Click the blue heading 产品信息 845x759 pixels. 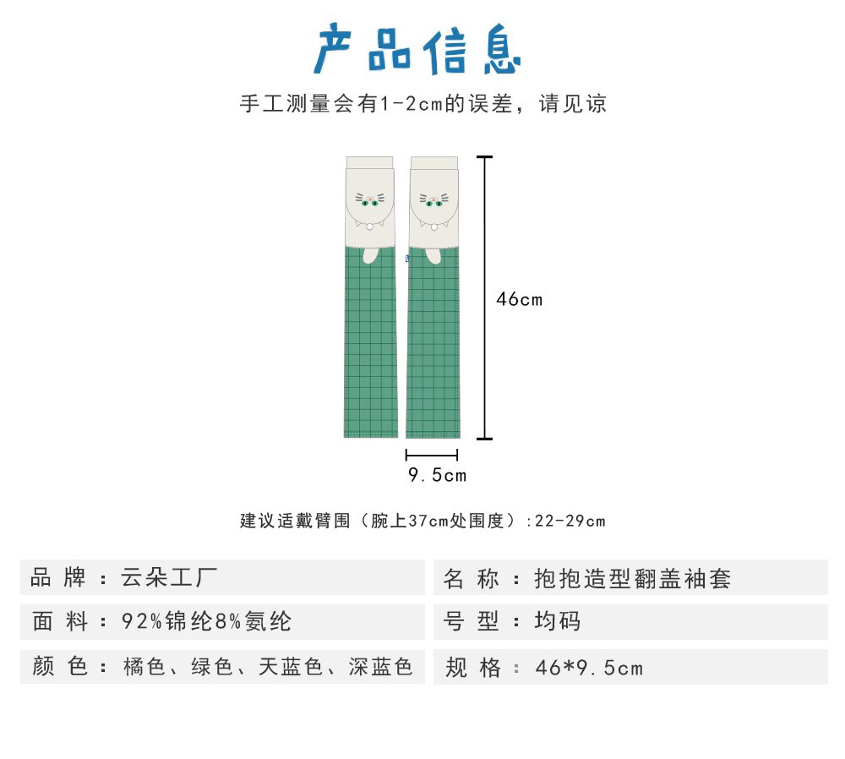[x=417, y=49]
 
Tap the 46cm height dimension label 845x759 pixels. [x=519, y=299]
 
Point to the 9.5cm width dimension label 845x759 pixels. [x=437, y=475]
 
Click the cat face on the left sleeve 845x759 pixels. [x=369, y=200]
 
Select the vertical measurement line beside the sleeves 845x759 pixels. [x=484, y=298]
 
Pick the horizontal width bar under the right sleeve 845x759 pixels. [x=432, y=455]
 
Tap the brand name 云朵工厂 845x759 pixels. [x=170, y=578]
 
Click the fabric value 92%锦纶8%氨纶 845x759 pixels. [x=207, y=622]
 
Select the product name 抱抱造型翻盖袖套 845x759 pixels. [x=633, y=579]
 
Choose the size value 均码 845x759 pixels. [x=558, y=622]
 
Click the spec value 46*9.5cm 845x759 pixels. [x=589, y=668]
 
